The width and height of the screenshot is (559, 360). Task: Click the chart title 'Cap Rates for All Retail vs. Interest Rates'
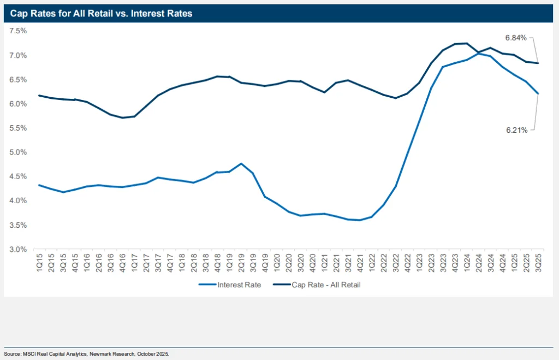tap(101, 14)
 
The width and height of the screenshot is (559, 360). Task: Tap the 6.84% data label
tap(516, 38)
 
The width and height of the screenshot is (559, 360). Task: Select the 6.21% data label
tap(516, 130)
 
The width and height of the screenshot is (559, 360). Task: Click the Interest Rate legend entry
tap(230, 285)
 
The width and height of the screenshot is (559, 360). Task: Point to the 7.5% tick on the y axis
tap(18, 31)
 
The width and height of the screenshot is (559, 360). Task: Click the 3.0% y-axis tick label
tap(18, 250)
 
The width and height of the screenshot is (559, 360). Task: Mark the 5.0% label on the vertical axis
tap(18, 152)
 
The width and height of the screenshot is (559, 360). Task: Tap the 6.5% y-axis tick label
tap(18, 80)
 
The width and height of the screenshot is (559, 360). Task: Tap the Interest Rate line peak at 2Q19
tap(241, 163)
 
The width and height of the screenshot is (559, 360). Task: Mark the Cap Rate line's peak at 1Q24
tap(467, 43)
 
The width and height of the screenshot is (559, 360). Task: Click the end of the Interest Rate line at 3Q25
tap(539, 93)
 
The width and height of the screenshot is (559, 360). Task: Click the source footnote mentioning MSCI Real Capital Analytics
tap(87, 354)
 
